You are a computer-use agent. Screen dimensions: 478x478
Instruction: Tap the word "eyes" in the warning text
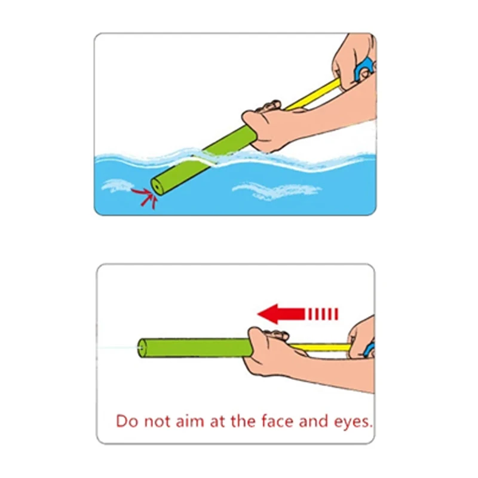tap(352, 421)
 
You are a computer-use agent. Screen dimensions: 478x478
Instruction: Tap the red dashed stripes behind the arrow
tap(323, 313)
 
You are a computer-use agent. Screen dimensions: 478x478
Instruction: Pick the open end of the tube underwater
tap(157, 186)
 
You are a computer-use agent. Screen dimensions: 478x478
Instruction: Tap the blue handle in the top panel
tap(363, 70)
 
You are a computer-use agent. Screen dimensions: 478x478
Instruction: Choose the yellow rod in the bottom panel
tap(323, 347)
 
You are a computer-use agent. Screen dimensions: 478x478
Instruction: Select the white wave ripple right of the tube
tap(275, 191)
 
